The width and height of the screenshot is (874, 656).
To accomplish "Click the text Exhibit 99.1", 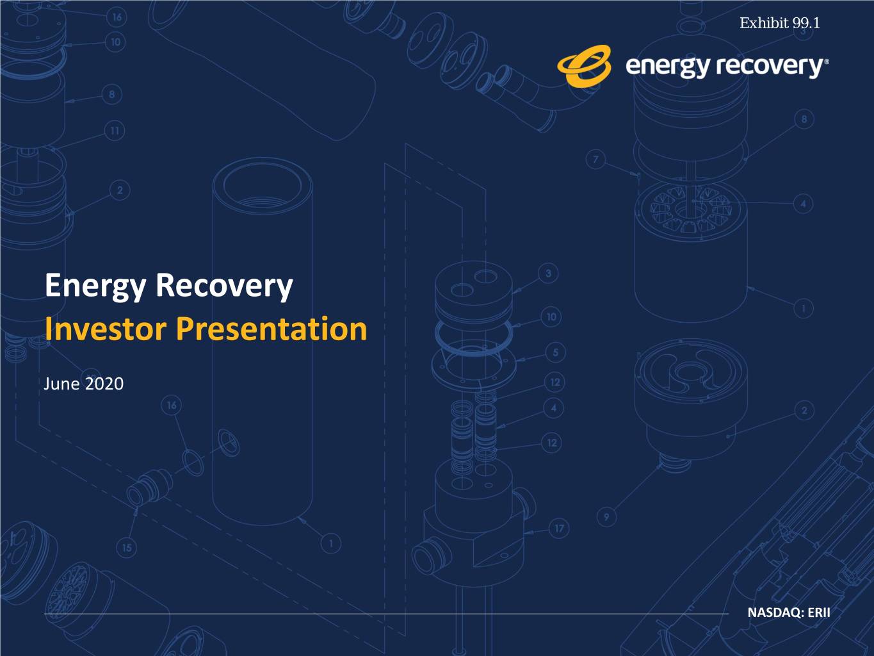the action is (780, 23).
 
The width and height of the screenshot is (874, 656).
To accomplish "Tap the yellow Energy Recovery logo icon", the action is (584, 66).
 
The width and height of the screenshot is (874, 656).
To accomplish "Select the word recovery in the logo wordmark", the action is (770, 66).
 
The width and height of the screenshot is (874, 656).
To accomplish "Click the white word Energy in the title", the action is (95, 286).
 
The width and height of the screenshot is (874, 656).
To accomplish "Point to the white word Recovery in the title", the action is (224, 286).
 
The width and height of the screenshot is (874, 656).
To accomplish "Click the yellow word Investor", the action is (106, 329).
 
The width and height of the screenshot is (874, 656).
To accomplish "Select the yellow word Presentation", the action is (271, 330).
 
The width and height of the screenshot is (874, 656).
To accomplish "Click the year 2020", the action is (104, 384).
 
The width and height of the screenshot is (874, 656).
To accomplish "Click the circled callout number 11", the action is (115, 131).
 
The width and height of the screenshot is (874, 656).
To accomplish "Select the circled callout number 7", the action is (595, 160).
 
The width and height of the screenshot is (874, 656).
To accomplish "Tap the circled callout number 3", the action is (548, 274).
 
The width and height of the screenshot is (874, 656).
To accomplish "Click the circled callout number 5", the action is (556, 352).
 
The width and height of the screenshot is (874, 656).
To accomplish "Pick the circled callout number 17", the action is (559, 529).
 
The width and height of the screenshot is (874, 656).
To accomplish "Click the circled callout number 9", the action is (606, 517).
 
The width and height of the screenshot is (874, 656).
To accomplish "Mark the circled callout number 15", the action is (127, 548).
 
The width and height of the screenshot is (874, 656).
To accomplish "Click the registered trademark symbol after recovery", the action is (827, 61).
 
